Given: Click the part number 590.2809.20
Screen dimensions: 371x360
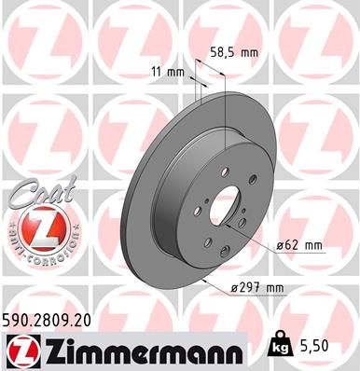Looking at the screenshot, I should [x=48, y=320].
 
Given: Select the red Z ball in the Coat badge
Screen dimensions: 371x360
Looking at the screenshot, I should [x=32, y=228].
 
